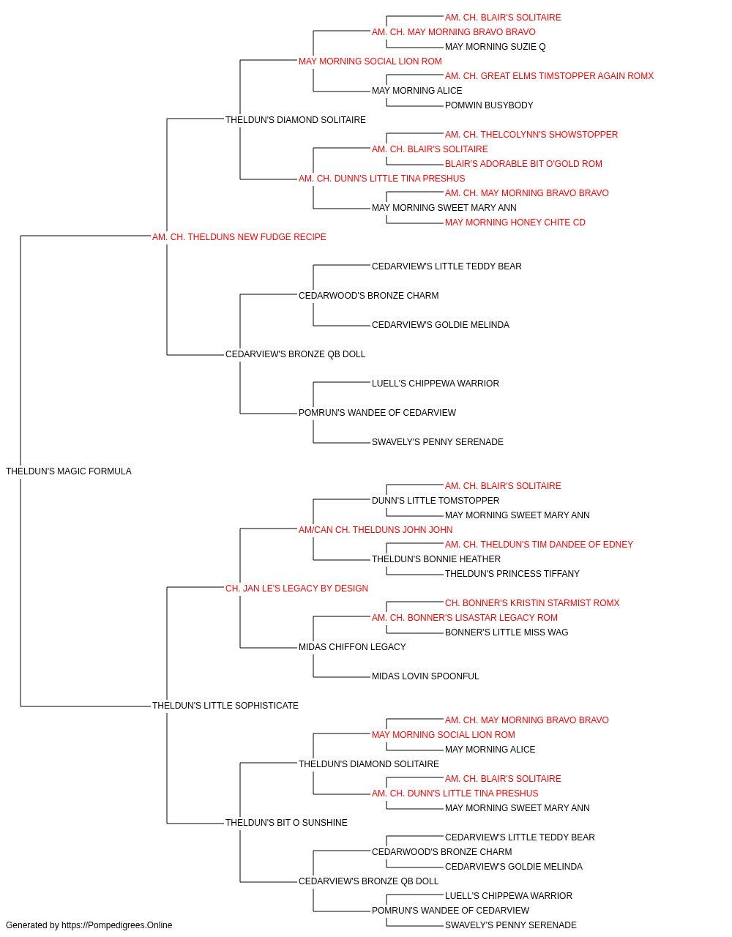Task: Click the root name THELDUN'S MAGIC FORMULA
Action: pyautogui.click(x=69, y=471)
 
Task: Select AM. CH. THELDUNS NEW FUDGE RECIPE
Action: pyautogui.click(x=239, y=237)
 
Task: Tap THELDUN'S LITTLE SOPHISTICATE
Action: pyautogui.click(x=225, y=706)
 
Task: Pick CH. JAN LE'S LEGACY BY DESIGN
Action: pyautogui.click(x=296, y=588)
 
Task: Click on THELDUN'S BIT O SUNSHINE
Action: pyautogui.click(x=286, y=823)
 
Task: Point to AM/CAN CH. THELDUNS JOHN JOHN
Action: pyautogui.click(x=376, y=530)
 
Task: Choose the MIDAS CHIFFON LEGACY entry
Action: pyautogui.click(x=352, y=647)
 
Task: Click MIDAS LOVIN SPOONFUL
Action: pyautogui.click(x=425, y=676)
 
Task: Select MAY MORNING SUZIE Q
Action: pyautogui.click(x=496, y=47)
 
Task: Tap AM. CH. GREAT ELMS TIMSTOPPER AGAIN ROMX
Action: pyautogui.click(x=549, y=76)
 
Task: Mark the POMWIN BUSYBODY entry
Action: pyautogui.click(x=489, y=105)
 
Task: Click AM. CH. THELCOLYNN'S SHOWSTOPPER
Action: pyautogui.click(x=531, y=135)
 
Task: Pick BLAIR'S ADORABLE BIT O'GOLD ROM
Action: pyautogui.click(x=524, y=164)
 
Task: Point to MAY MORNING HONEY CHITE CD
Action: pyautogui.click(x=515, y=223)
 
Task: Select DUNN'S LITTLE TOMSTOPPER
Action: pyautogui.click(x=436, y=501)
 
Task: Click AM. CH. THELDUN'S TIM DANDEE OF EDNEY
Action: pyautogui.click(x=539, y=545)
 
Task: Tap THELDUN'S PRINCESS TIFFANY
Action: pyautogui.click(x=512, y=574)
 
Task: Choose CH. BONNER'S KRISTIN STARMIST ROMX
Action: pyautogui.click(x=532, y=603)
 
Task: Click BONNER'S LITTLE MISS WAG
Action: pyautogui.click(x=507, y=632)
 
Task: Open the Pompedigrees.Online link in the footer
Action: pyautogui.click(x=117, y=925)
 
